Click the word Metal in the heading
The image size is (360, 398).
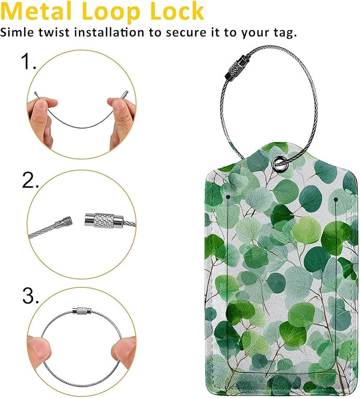36,12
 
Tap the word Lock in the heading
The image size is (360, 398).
178,12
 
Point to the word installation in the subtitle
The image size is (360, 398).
109,32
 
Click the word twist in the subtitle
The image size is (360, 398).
54,32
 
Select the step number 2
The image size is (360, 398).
30,181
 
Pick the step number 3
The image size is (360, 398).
30,296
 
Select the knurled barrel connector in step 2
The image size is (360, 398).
104,219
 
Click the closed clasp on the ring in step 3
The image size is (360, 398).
82,311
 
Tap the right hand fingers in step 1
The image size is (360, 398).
122,119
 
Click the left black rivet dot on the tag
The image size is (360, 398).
228,197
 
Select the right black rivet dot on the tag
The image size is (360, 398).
336,200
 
